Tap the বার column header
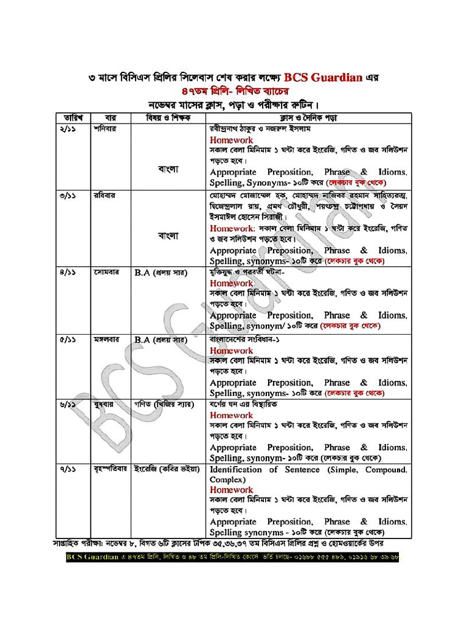(x=110, y=117)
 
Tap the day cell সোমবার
(x=106, y=273)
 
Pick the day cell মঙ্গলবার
(x=108, y=339)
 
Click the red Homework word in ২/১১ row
(x=231, y=140)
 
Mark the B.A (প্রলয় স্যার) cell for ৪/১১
(x=160, y=273)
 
